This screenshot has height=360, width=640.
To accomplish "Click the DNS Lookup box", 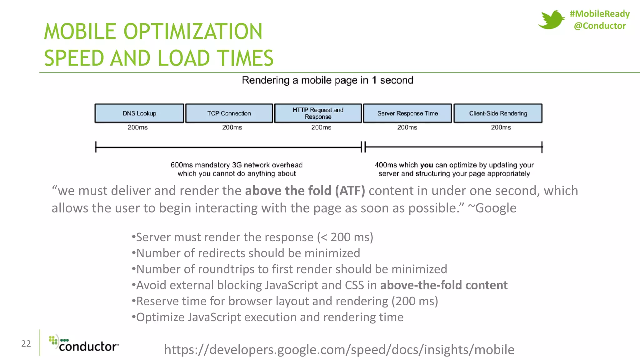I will pos(139,113).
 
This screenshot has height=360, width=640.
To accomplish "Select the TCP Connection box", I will pos(229,113).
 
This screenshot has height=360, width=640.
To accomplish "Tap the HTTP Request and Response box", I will pos(318,113).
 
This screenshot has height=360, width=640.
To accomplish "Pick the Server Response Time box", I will pos(407,113).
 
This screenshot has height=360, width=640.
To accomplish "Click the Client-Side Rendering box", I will pos(498,113).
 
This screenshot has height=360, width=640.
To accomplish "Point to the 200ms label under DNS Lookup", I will pos(137,127).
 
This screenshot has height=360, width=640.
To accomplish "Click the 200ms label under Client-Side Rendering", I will pos(501,127).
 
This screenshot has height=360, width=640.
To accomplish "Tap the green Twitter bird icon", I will pos(551,19).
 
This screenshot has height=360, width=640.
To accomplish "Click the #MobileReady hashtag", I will pos(599,14).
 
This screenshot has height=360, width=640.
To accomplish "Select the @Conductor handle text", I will pos(600,26).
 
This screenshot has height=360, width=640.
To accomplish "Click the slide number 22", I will pos(26,344).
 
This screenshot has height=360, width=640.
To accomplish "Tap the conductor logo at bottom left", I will pos(84,344).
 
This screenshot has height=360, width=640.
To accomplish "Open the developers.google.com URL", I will pos(339,350).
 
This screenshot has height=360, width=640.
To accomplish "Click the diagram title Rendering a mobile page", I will pos(327,80).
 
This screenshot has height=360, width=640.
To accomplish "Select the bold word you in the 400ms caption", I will pos(426,165).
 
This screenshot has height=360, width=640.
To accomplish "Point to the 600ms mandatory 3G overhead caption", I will pos(237,169).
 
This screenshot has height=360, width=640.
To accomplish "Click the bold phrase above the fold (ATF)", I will pos(305,191).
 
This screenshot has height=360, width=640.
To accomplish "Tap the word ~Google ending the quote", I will pos(492,208).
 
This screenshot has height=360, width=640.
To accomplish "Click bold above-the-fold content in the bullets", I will pos(444,285).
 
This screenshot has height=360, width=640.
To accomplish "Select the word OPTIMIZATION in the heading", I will pos(193,32).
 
